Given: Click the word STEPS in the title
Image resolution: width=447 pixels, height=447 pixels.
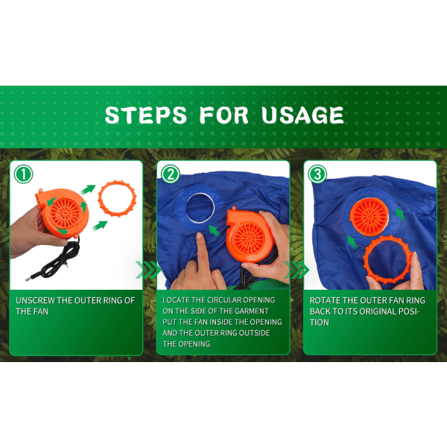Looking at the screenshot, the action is tap(146, 115).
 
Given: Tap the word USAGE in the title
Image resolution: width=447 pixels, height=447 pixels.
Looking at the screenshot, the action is tap(302, 115).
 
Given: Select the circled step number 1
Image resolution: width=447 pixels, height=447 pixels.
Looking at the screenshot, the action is tap(23, 174).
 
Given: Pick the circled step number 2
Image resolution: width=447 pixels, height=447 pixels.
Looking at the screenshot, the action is tap(170, 174).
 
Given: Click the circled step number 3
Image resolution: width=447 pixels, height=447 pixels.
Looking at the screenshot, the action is tap(317, 174).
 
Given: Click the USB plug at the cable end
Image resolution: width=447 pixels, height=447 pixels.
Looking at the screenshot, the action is tap(31, 276).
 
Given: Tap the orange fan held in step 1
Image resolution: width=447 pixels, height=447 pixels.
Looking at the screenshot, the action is tap(62, 212).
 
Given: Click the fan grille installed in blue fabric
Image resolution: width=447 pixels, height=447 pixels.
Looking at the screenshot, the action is tap(370, 217).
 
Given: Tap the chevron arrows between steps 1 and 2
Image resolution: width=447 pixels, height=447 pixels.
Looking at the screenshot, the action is tap(148, 270).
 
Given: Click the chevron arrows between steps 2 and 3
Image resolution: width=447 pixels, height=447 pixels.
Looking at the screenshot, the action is tap(297, 270).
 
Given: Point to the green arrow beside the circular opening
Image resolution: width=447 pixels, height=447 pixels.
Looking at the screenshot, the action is tap(215, 231).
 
